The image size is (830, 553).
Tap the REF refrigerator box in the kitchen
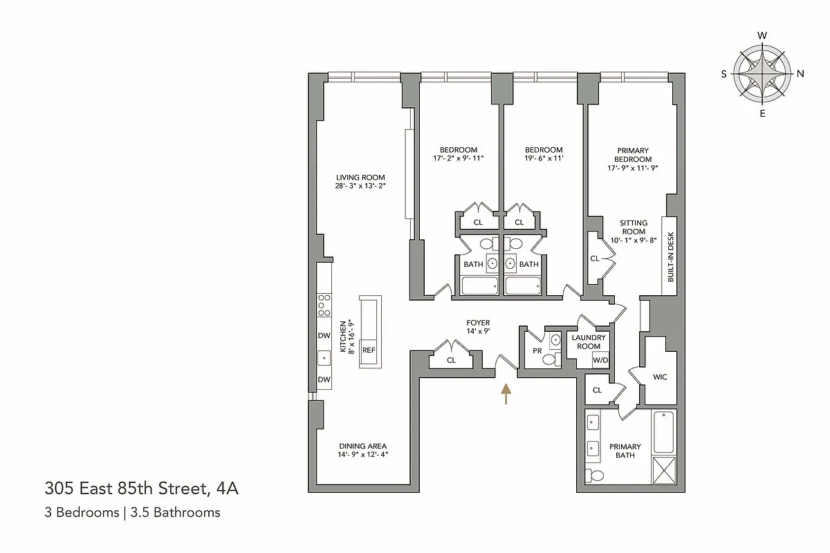[x=369, y=350]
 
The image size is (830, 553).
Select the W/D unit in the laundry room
[x=600, y=359]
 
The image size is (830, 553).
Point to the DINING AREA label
[x=362, y=446]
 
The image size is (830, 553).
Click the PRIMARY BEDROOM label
[x=633, y=154]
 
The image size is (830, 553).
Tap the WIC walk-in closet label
[x=660, y=377]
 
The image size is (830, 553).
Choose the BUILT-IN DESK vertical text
[x=670, y=256]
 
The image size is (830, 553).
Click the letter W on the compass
[x=762, y=35]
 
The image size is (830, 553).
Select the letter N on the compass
[x=800, y=74]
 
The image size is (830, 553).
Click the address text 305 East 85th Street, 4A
[x=142, y=490]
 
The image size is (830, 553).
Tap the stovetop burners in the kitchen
[x=323, y=305]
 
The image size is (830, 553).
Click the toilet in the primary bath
[x=594, y=475]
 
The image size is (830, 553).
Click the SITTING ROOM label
[x=633, y=227]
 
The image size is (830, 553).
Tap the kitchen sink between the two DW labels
[x=323, y=358]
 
